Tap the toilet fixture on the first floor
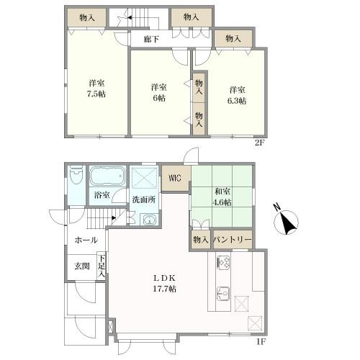tap(76, 175)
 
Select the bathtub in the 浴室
tap(107, 176)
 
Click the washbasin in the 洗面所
tap(150, 220)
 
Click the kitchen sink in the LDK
tap(223, 293)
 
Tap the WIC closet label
tap(175, 179)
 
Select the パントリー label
tap(233, 240)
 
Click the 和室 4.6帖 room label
tap(223, 197)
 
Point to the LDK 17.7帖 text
tap(165, 284)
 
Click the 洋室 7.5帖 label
tap(96, 89)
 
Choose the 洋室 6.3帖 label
tap(237, 95)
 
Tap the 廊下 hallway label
tap(151, 39)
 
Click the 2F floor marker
tap(259, 143)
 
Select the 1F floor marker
tap(261, 341)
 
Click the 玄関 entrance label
tap(82, 266)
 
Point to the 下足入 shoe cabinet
tap(102, 266)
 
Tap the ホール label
tap(86, 240)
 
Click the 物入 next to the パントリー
tap(201, 240)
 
